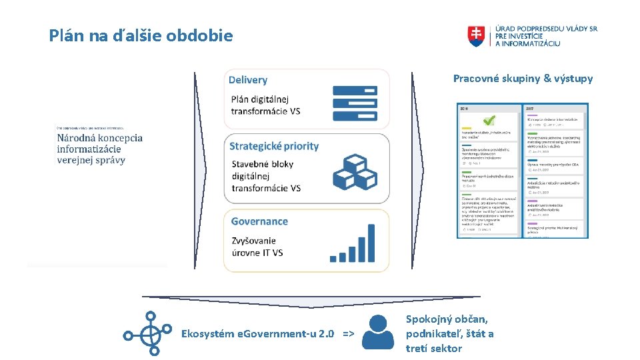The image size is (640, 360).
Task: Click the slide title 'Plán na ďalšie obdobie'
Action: coord(141,35)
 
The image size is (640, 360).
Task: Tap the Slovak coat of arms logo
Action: coord(478,36)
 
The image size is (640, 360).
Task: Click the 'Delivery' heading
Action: coord(248,80)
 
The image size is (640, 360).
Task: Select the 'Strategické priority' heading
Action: coord(274,146)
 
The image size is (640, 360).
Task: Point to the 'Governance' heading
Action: coord(259,221)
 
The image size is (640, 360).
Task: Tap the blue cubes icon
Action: coord(355,172)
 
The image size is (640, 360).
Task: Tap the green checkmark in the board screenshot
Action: coord(489,121)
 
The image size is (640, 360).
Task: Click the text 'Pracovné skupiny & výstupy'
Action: coord(523,79)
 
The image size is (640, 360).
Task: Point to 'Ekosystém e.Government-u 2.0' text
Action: coord(258,333)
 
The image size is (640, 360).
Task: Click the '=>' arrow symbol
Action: coord(348,333)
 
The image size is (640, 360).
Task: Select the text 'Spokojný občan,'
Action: coord(447,319)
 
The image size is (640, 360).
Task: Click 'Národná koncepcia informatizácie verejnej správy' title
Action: coord(99,149)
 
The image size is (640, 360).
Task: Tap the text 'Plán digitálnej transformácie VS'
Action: coord(265,105)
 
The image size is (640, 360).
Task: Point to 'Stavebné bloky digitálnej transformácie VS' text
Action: coord(266,176)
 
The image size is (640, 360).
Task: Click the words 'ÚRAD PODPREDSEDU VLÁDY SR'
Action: coord(546,29)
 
